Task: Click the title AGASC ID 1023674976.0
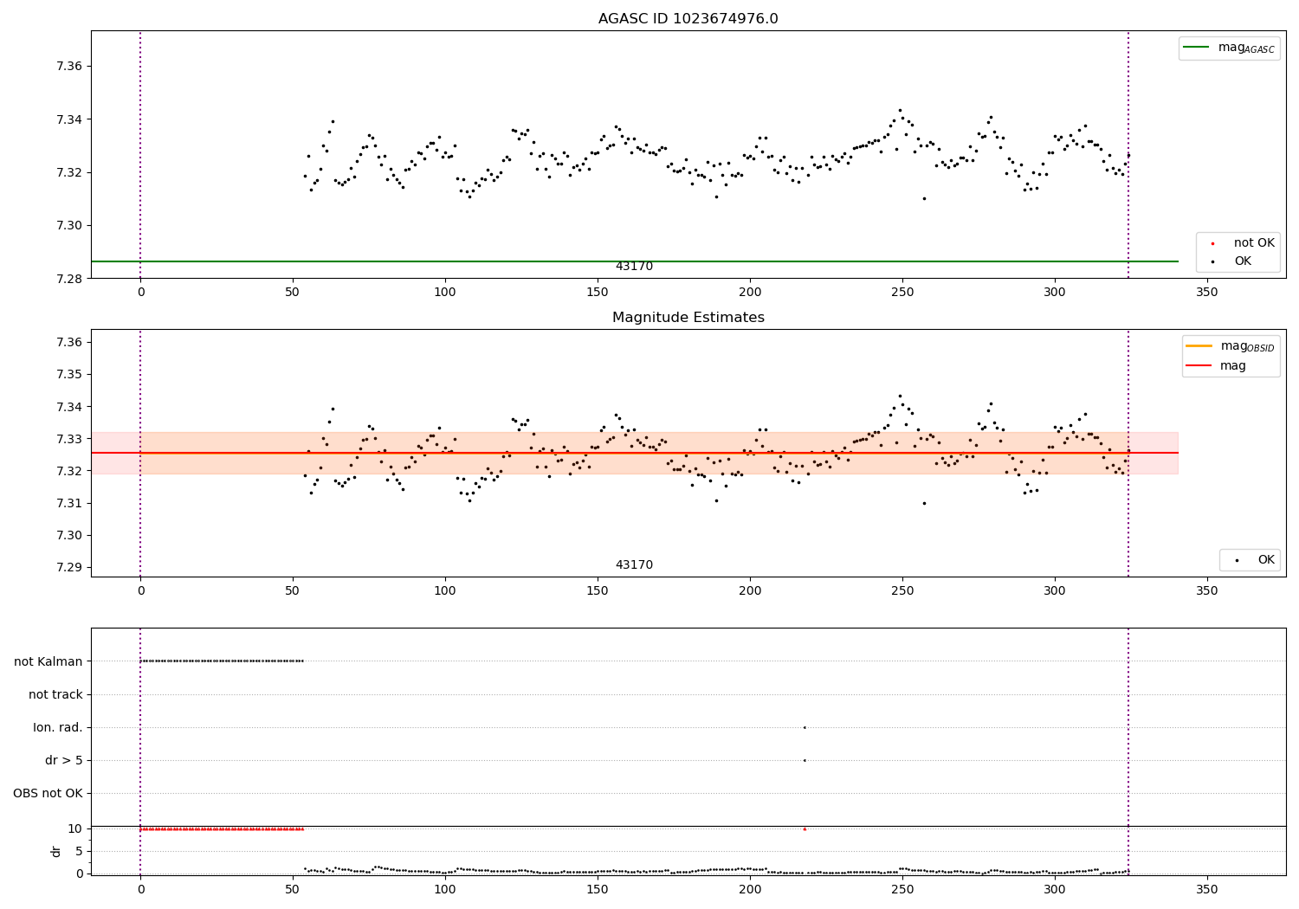pos(688,19)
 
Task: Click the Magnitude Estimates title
pos(688,318)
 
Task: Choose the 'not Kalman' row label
pos(48,661)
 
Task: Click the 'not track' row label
pos(55,694)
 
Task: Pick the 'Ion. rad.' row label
pos(58,727)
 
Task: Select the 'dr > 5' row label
pos(64,760)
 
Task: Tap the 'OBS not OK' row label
pos(48,793)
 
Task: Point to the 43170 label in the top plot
pos(634,267)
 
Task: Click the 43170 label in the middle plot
pos(634,565)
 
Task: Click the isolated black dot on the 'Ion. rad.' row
pos(805,727)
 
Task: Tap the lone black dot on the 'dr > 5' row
pos(805,760)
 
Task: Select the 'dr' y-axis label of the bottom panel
pos(56,851)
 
